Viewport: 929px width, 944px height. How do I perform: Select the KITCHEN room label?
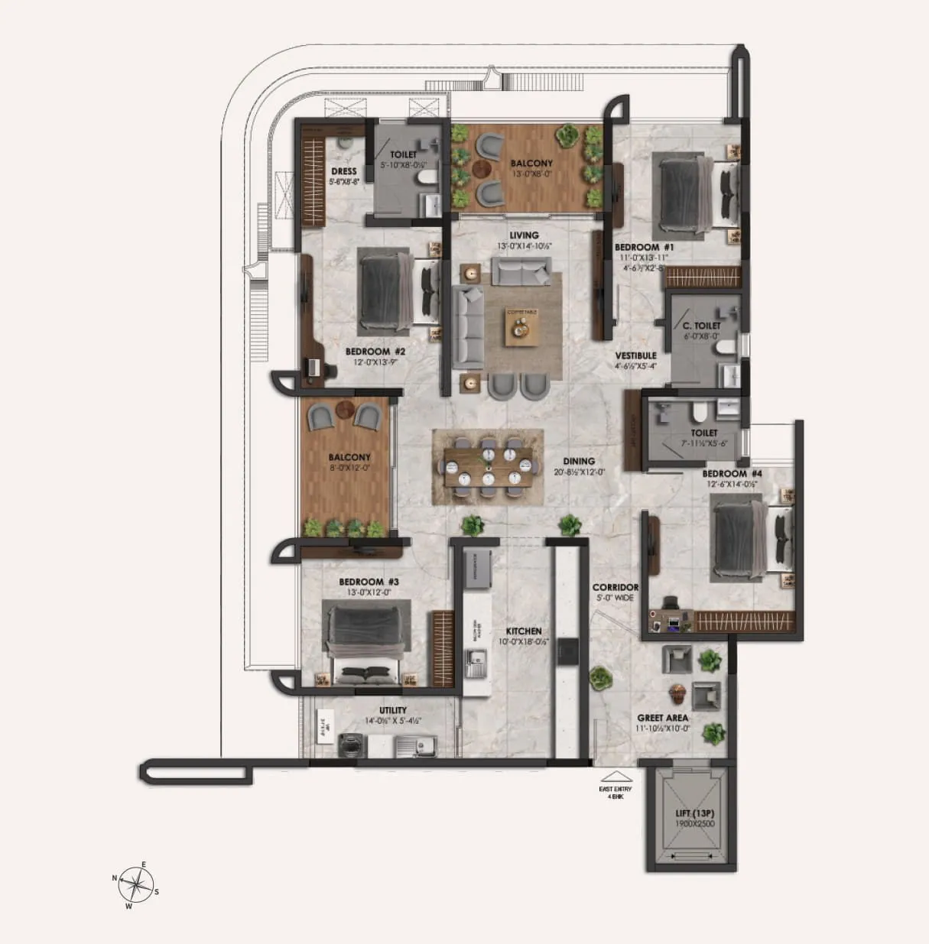click(x=524, y=631)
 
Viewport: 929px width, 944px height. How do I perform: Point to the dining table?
click(x=489, y=465)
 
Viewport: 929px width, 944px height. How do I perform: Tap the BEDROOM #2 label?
click(x=375, y=352)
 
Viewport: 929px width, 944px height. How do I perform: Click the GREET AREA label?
click(x=663, y=718)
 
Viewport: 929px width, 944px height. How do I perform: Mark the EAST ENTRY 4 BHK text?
click(x=615, y=793)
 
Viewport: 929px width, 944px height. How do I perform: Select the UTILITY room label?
click(x=393, y=710)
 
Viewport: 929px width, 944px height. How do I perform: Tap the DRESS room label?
click(x=343, y=171)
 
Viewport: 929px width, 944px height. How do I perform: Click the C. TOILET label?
click(x=702, y=326)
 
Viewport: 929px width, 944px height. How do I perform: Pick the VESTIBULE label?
click(x=636, y=355)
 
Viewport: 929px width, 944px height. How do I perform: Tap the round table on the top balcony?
click(x=482, y=168)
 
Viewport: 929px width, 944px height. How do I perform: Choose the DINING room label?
click(x=579, y=461)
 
